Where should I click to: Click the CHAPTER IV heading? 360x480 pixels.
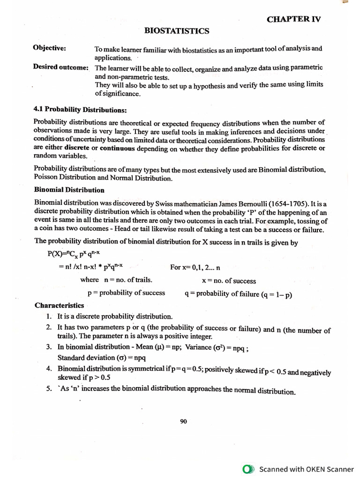point(294,19)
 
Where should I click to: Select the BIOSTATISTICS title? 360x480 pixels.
point(177,31)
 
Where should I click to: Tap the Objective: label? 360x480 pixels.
point(49,48)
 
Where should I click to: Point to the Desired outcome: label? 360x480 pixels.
point(61,67)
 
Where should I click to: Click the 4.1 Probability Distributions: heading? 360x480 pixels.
point(80,110)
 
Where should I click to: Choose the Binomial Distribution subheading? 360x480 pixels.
point(69,190)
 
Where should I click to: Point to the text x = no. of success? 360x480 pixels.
point(229,281)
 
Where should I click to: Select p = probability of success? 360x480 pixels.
point(126,293)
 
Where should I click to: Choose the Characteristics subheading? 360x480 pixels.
point(59,305)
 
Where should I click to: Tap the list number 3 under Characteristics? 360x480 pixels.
point(49,347)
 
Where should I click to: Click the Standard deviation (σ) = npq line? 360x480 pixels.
point(88,358)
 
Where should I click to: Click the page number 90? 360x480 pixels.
point(183,421)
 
